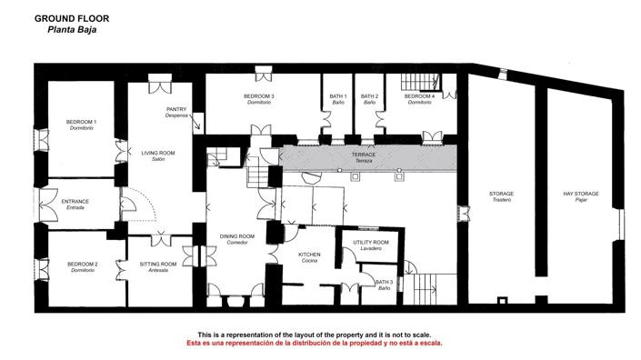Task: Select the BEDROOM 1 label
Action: point(83,122)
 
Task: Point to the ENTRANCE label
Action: point(75,201)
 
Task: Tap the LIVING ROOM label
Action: point(157,153)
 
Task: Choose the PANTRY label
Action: point(176,109)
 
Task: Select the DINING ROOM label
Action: point(237,236)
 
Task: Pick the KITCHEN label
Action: point(310,255)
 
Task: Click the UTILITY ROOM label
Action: point(371,242)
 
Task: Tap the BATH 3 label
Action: point(385,283)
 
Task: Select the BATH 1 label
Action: point(338,96)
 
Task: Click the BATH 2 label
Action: point(369,96)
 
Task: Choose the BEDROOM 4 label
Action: point(419,96)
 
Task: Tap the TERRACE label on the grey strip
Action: point(364,155)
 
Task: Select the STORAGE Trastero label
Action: point(501,194)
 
